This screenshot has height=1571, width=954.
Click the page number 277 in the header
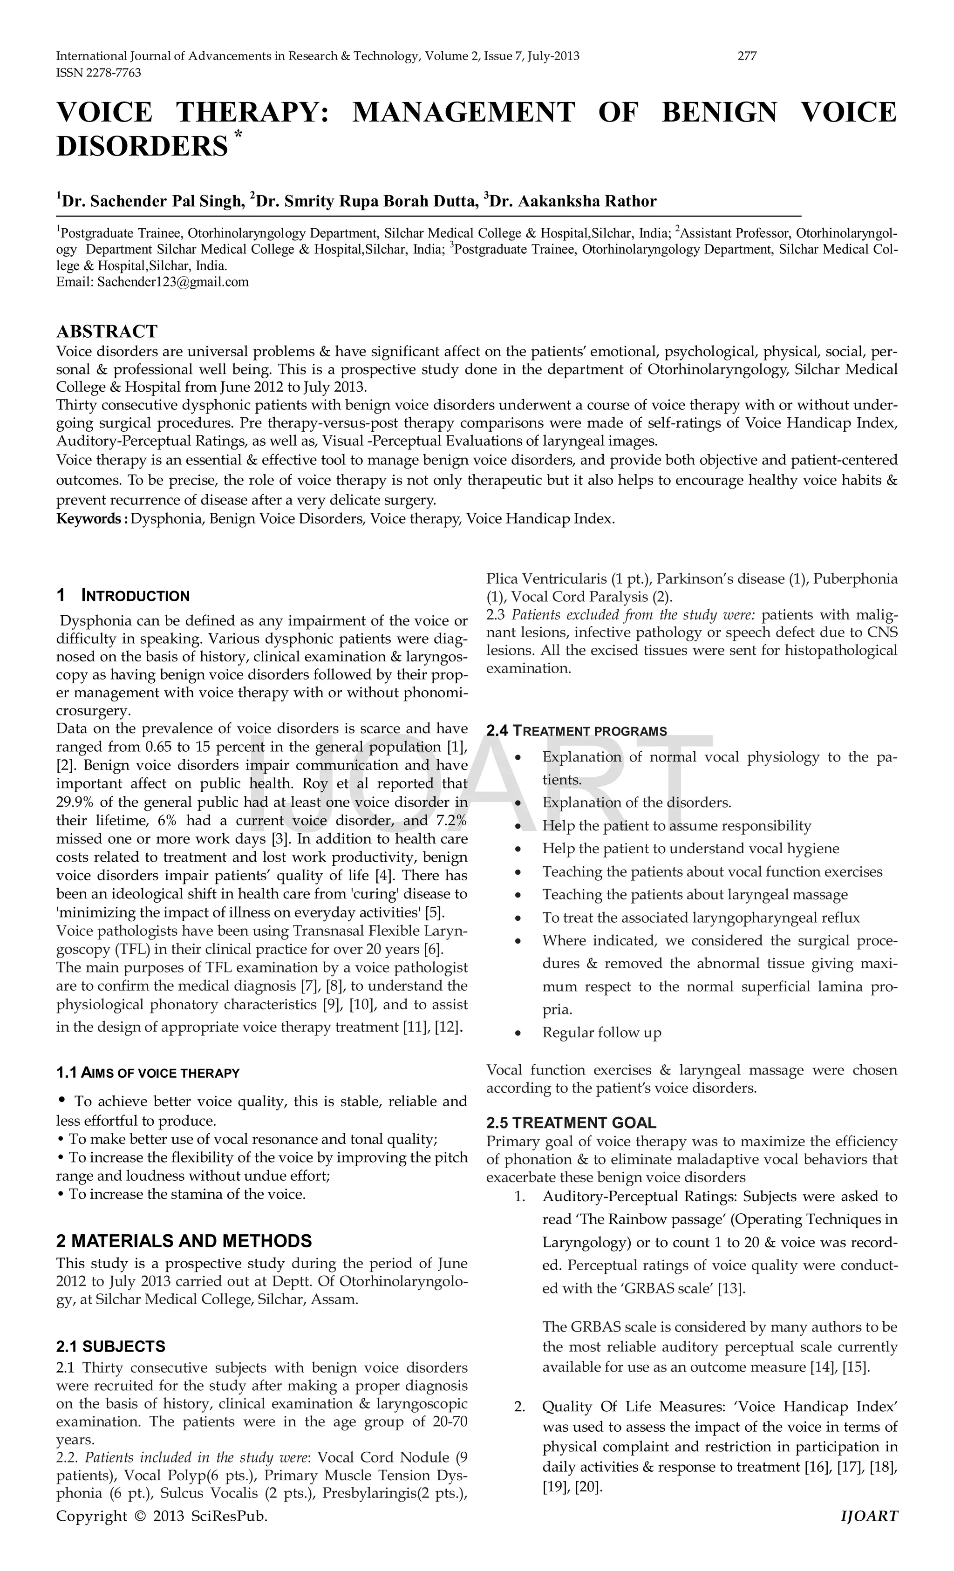pyautogui.click(x=747, y=56)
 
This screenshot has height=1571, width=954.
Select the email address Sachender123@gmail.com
pyautogui.click(x=173, y=282)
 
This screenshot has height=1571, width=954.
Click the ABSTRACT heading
pyautogui.click(x=107, y=332)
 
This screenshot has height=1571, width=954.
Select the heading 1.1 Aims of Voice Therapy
pyautogui.click(x=148, y=1073)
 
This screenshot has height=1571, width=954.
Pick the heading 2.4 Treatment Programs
pyautogui.click(x=577, y=731)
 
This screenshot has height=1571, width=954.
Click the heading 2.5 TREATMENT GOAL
pyautogui.click(x=572, y=1123)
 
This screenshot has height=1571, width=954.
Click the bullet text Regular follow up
pyautogui.click(x=601, y=1032)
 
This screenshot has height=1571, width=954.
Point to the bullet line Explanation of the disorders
pyautogui.click(x=636, y=803)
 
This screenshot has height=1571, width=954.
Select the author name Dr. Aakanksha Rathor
pyautogui.click(x=574, y=202)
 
